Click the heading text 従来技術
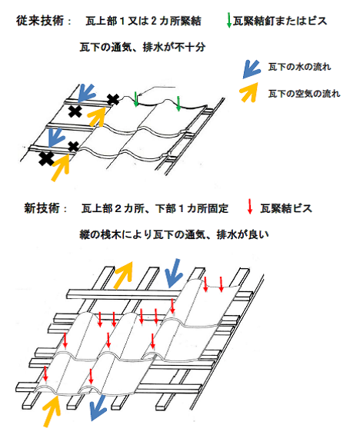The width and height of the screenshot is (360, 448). pyautogui.click(x=40, y=21)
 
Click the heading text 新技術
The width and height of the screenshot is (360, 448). pyautogui.click(x=42, y=208)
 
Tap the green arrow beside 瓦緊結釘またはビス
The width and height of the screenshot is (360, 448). pyautogui.click(x=228, y=20)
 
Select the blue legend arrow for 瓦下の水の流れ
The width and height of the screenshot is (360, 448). pyautogui.click(x=252, y=69)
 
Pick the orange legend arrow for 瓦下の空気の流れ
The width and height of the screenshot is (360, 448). pyautogui.click(x=248, y=92)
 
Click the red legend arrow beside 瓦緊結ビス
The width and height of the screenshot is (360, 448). pyautogui.click(x=250, y=206)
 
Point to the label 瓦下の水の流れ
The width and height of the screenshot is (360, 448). pyautogui.click(x=299, y=67)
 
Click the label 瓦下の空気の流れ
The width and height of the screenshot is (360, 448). pyautogui.click(x=304, y=94)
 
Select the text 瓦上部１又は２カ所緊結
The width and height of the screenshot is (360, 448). pyautogui.click(x=143, y=21)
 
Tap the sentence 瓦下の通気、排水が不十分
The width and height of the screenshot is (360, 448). pyautogui.click(x=142, y=47)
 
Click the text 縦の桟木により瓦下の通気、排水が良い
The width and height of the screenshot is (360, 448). pyautogui.click(x=174, y=234)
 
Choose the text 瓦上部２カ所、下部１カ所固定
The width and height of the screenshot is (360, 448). pyautogui.click(x=155, y=208)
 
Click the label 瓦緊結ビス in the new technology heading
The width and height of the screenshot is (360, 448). pyautogui.click(x=286, y=208)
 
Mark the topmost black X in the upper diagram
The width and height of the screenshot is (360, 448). pyautogui.click(x=113, y=99)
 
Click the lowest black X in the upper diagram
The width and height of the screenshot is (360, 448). pyautogui.click(x=46, y=159)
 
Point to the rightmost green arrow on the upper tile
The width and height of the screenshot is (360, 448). pyautogui.click(x=178, y=104)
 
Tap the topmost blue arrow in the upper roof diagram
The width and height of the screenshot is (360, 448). pyautogui.click(x=86, y=93)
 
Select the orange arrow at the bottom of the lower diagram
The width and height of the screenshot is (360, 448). pyautogui.click(x=52, y=410)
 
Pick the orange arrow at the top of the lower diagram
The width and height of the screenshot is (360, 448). pyautogui.click(x=124, y=274)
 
